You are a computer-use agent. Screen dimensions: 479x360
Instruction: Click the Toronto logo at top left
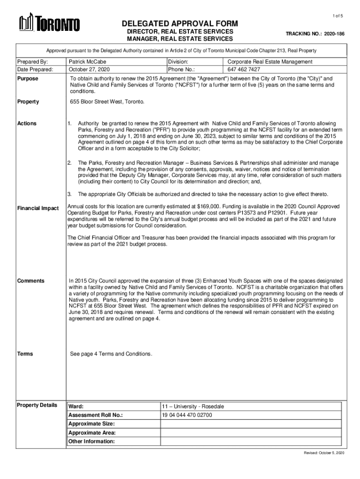click(49, 23)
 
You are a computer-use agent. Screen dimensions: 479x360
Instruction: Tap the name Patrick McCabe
click(87, 62)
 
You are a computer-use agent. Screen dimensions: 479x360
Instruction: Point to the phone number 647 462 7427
click(244, 69)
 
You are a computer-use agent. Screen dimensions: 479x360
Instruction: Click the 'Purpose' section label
click(28, 79)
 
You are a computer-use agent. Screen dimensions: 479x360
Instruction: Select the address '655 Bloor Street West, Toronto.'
click(108, 102)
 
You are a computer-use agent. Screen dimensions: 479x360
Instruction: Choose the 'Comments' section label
click(31, 281)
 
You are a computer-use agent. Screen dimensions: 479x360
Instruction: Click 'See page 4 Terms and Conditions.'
click(111, 354)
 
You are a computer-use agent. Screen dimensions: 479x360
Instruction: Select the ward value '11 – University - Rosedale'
click(193, 406)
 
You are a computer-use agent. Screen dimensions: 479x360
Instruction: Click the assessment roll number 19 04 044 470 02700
click(187, 415)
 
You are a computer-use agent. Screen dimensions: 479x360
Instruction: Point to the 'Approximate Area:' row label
click(92, 433)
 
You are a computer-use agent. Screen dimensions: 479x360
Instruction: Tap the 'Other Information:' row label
click(92, 441)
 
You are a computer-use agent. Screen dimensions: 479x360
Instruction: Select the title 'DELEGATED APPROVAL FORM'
click(180, 23)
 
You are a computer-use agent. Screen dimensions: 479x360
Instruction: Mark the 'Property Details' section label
click(37, 405)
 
